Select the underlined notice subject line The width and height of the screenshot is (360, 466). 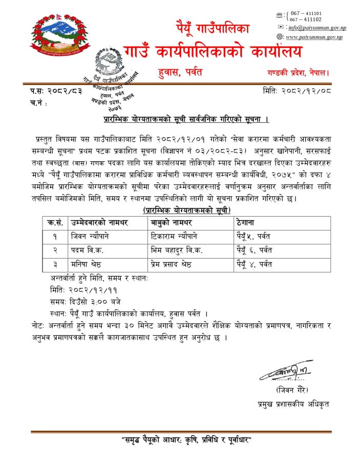click(x=179, y=120)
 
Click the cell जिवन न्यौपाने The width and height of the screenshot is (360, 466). click(x=90, y=237)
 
